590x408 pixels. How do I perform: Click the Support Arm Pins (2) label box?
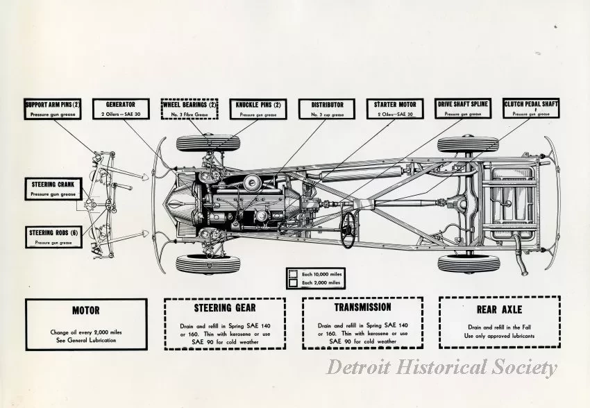53,108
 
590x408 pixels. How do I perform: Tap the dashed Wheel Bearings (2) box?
189,108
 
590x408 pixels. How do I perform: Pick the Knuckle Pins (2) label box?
258,108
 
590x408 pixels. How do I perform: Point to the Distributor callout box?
326,108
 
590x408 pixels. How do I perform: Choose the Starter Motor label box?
394,108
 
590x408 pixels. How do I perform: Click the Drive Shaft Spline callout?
463,108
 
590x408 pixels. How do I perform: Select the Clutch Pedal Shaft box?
531,108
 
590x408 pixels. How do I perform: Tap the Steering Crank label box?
53,189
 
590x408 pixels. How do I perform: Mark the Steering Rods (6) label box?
53,237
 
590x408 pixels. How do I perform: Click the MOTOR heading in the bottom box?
86,310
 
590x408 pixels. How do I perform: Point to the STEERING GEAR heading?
224,307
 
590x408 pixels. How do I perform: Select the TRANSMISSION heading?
362,307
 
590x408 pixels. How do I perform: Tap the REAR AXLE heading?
499,309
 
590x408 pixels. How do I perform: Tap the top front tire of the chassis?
208,144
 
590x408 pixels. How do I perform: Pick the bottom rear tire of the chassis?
469,264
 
